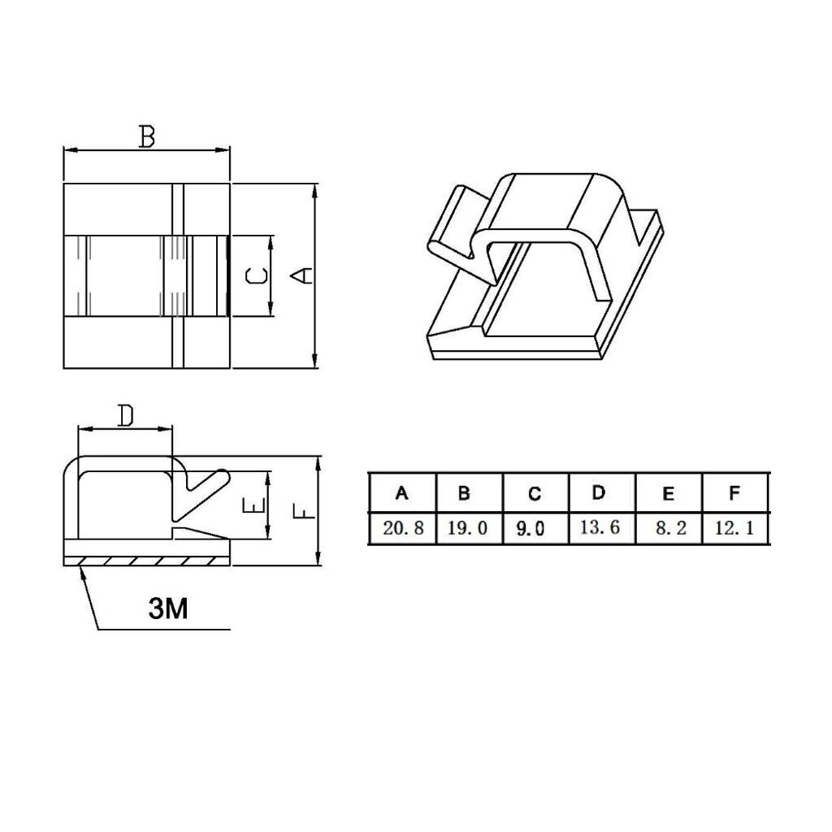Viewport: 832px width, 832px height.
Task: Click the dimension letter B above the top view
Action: (x=146, y=136)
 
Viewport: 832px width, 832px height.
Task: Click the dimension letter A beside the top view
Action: (x=304, y=275)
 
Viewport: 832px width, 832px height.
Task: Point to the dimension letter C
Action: (x=257, y=276)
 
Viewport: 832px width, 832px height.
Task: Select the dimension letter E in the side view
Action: (x=253, y=505)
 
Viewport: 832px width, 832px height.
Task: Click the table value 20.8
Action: (x=403, y=528)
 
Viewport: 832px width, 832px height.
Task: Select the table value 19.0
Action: (x=467, y=528)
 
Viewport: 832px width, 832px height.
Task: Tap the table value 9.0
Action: (x=531, y=528)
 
